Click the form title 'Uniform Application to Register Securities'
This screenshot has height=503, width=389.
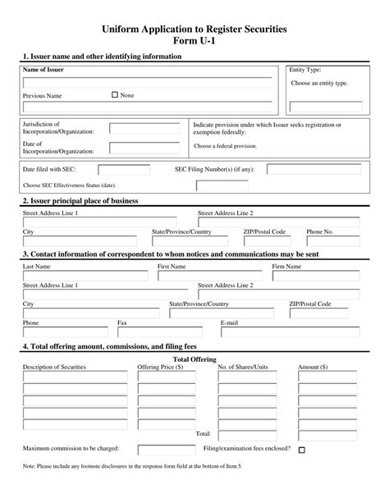(x=194, y=30)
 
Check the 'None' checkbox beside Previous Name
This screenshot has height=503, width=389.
(x=114, y=95)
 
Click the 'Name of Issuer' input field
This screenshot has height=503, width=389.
(x=147, y=83)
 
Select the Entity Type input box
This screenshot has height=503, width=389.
(x=325, y=107)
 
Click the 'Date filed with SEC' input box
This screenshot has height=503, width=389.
(x=118, y=170)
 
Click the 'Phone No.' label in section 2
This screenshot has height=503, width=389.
(x=320, y=232)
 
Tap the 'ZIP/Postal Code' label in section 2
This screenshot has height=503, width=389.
(x=264, y=232)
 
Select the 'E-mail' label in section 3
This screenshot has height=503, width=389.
(x=229, y=323)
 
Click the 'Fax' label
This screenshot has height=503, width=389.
(x=122, y=323)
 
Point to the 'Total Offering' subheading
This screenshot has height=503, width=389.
(x=194, y=359)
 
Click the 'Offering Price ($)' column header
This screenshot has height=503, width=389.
(x=160, y=368)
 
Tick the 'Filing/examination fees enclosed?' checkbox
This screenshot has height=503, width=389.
(x=302, y=450)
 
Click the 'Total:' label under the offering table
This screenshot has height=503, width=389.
(x=203, y=432)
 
